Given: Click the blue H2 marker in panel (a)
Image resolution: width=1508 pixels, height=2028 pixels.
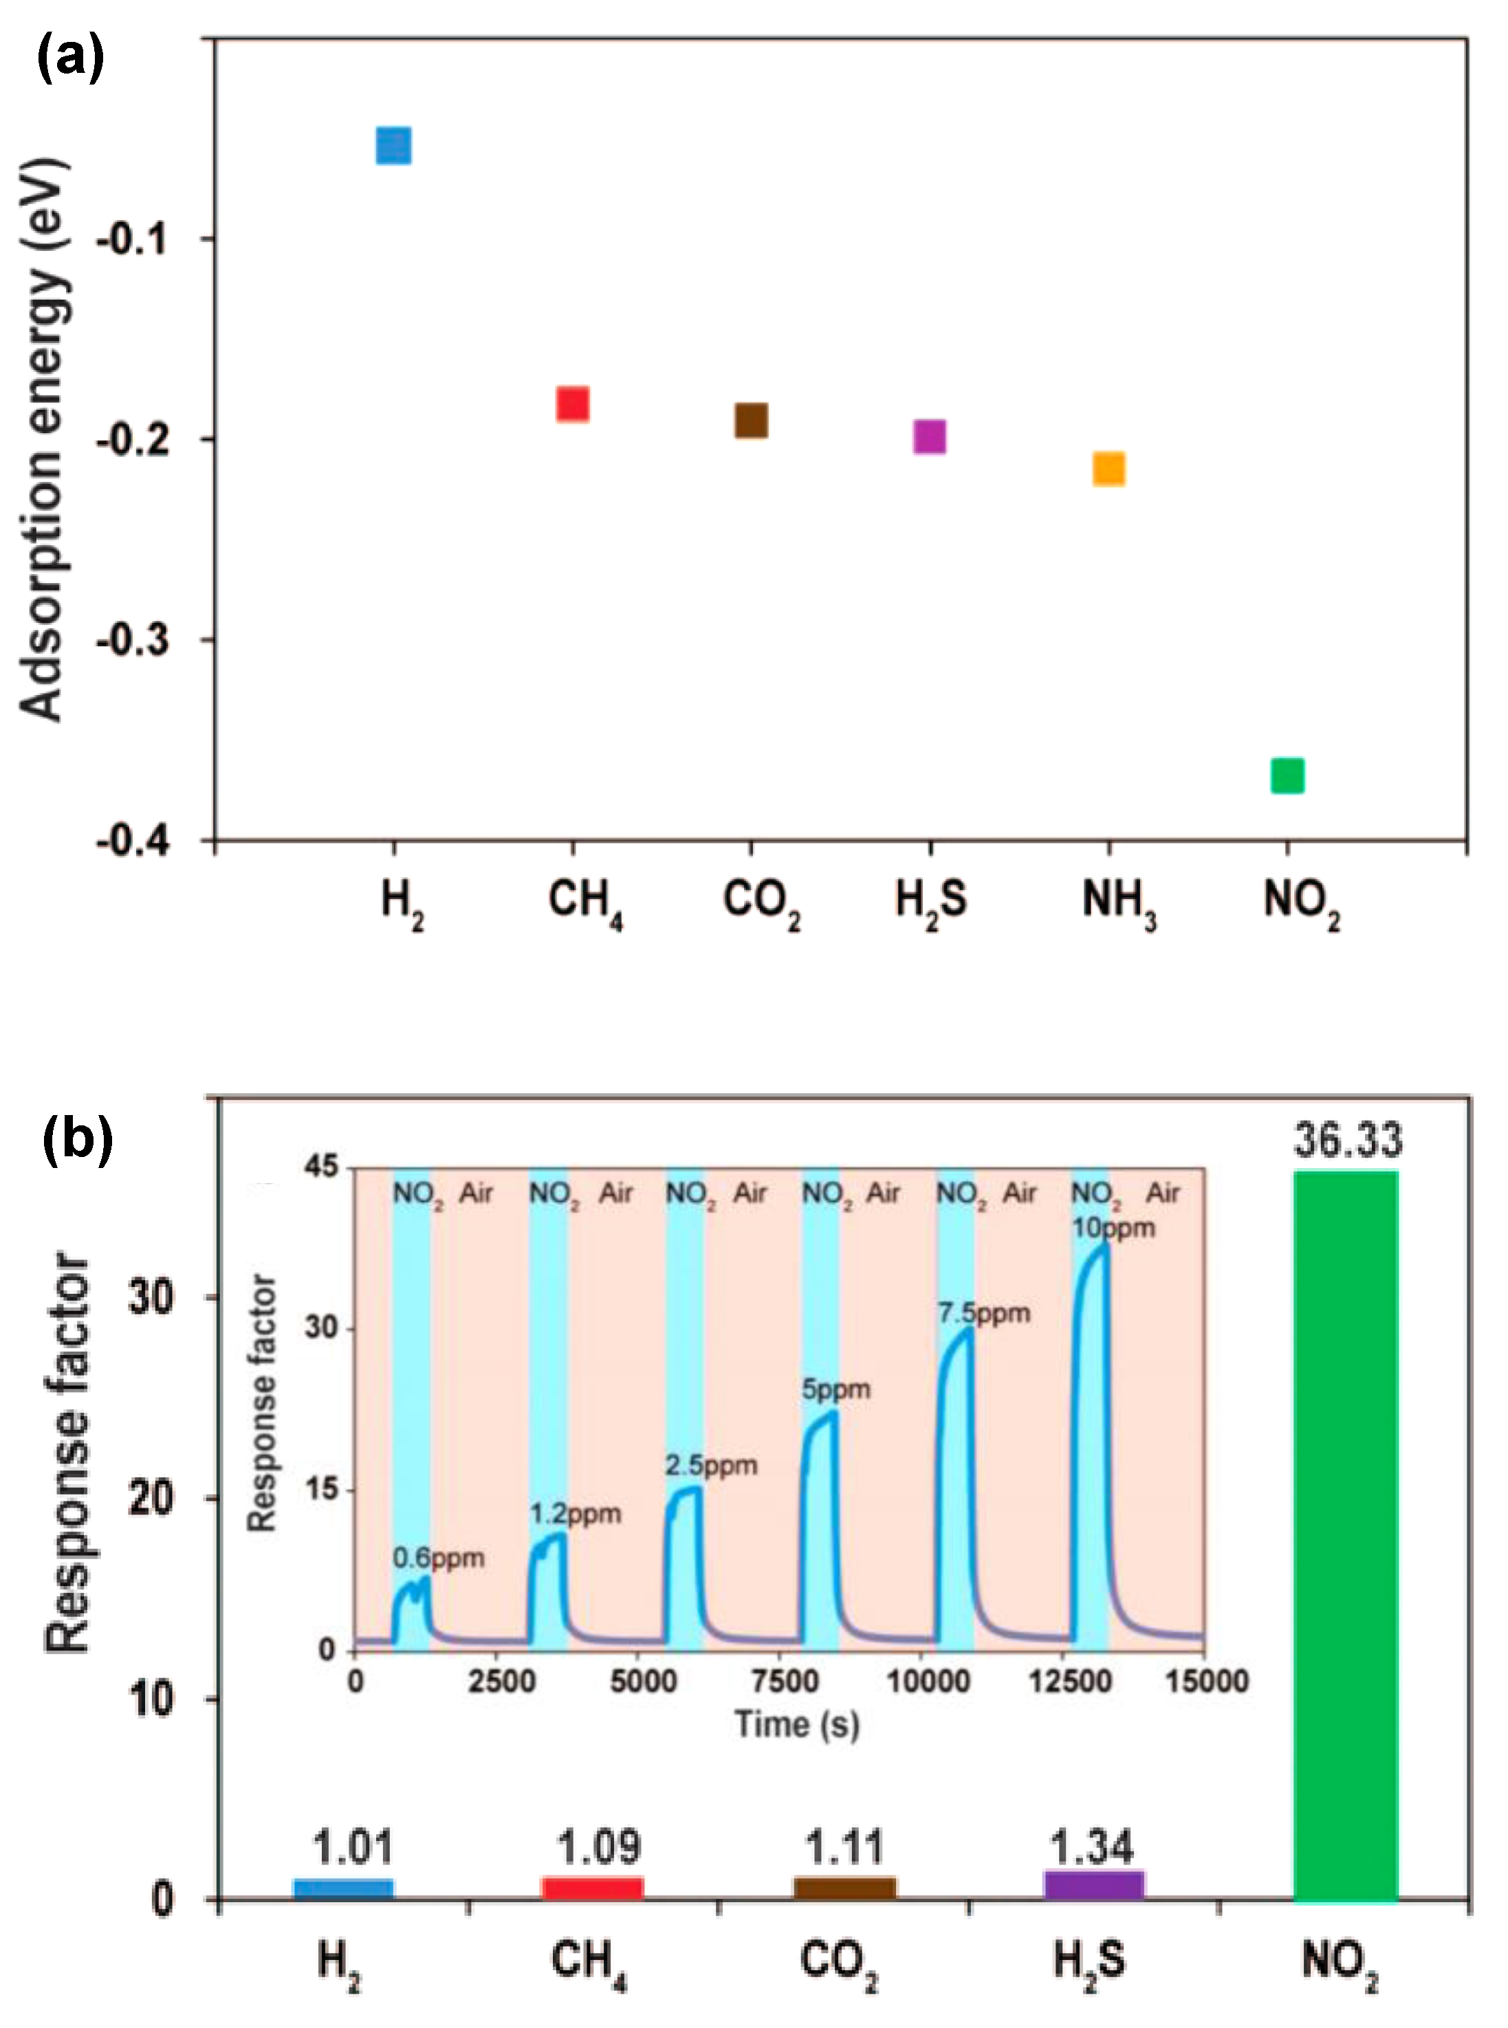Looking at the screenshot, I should (x=393, y=146).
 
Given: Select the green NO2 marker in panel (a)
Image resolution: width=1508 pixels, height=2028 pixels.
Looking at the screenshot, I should (x=1287, y=775).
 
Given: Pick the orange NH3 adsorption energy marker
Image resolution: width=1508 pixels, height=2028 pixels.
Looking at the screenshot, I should (x=1108, y=469).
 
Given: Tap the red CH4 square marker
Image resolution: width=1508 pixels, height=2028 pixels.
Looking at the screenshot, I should (x=572, y=404).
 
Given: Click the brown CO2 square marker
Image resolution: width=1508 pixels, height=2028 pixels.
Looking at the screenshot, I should (x=752, y=421).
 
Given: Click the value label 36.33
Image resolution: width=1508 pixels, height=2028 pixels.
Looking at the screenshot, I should (x=1347, y=1142).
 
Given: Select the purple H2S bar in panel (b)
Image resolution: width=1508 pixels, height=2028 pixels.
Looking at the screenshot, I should (x=1093, y=1886).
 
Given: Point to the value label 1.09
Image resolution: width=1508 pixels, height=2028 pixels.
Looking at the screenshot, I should (x=599, y=1847).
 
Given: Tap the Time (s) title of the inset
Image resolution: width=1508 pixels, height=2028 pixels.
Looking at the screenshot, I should (x=797, y=1723).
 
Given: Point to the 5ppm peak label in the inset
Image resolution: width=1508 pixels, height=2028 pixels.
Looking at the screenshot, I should (x=836, y=1389).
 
